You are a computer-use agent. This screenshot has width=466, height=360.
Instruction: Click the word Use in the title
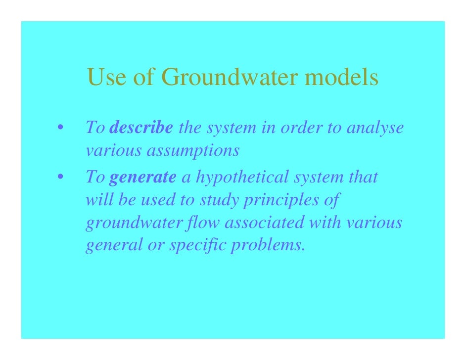[105, 78]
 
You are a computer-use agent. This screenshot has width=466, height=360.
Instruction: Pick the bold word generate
[142, 176]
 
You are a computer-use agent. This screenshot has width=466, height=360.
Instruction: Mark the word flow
[209, 223]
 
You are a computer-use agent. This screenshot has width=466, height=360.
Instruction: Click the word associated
[265, 223]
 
